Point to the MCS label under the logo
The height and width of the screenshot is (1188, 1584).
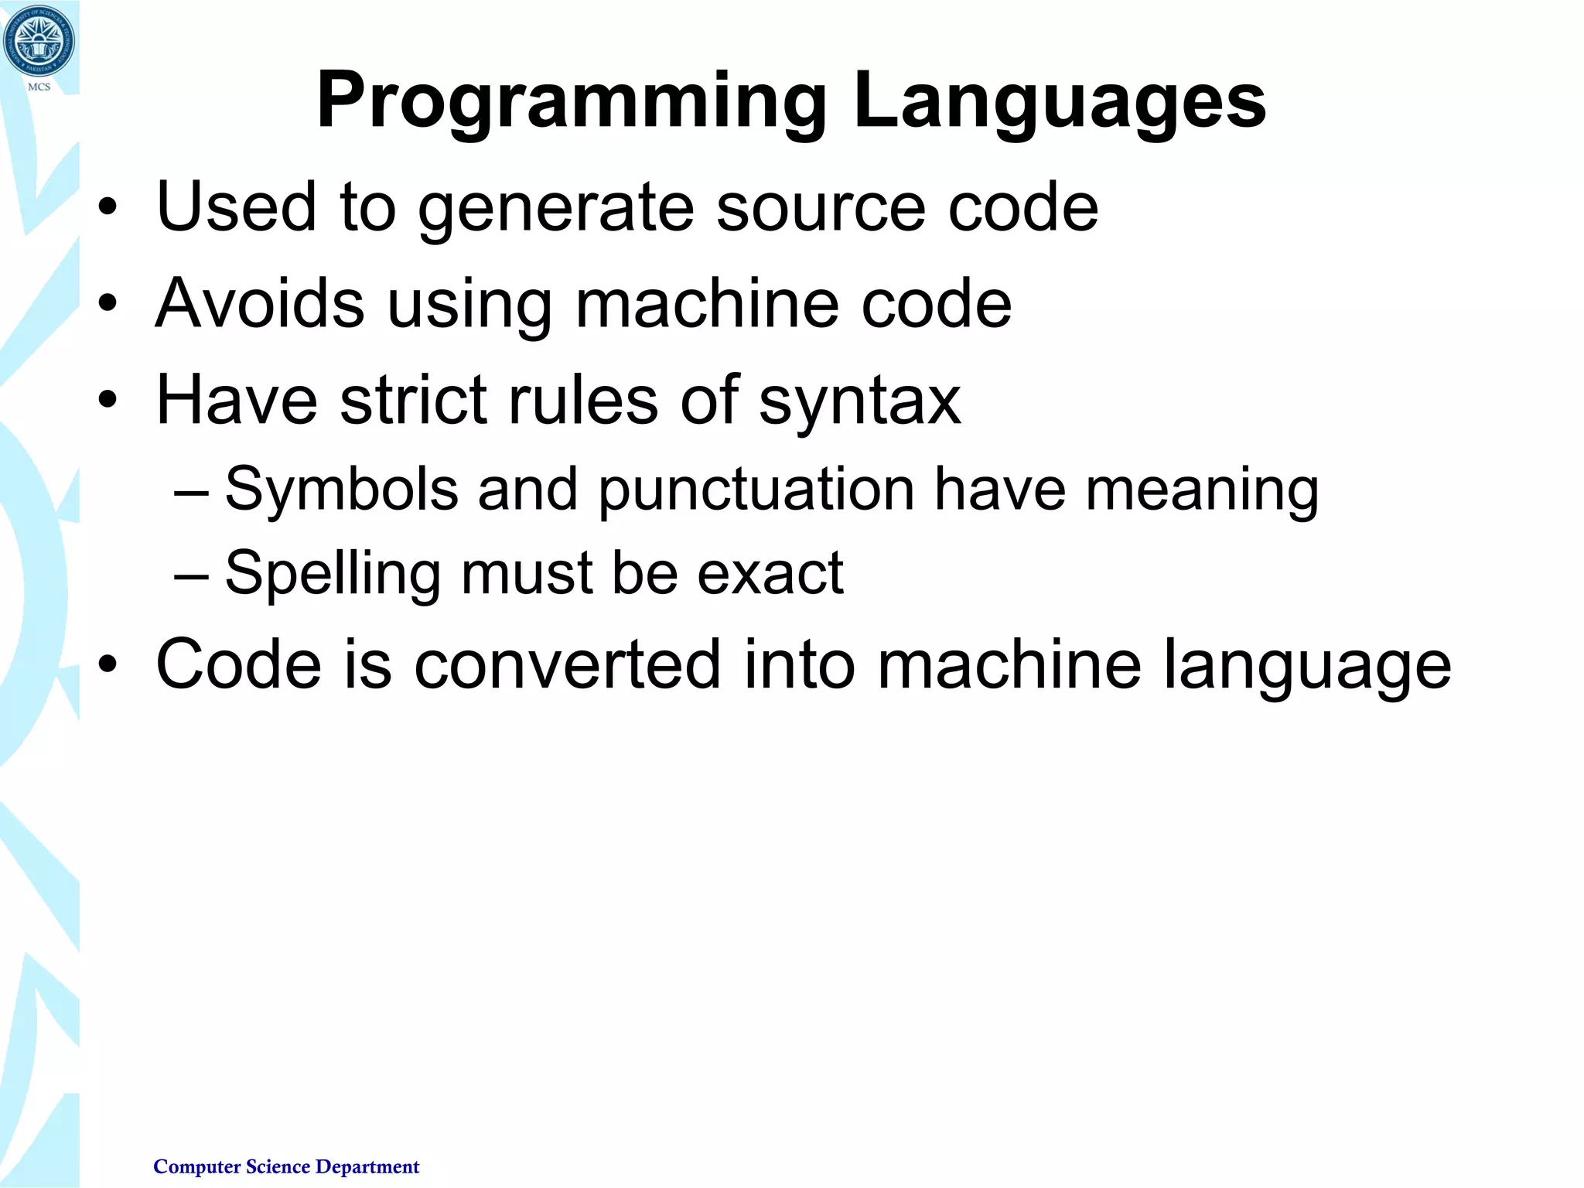click(39, 87)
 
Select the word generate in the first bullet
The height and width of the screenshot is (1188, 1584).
click(556, 207)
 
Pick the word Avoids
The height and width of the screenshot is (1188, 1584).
click(260, 303)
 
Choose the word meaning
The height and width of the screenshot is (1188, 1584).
click(1202, 490)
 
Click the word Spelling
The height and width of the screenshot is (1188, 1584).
click(333, 574)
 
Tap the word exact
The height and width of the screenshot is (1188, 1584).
click(770, 574)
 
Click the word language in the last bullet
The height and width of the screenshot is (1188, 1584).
click(1307, 665)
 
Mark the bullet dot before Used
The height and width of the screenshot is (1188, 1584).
click(108, 207)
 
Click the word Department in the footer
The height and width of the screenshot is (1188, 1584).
click(367, 1167)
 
